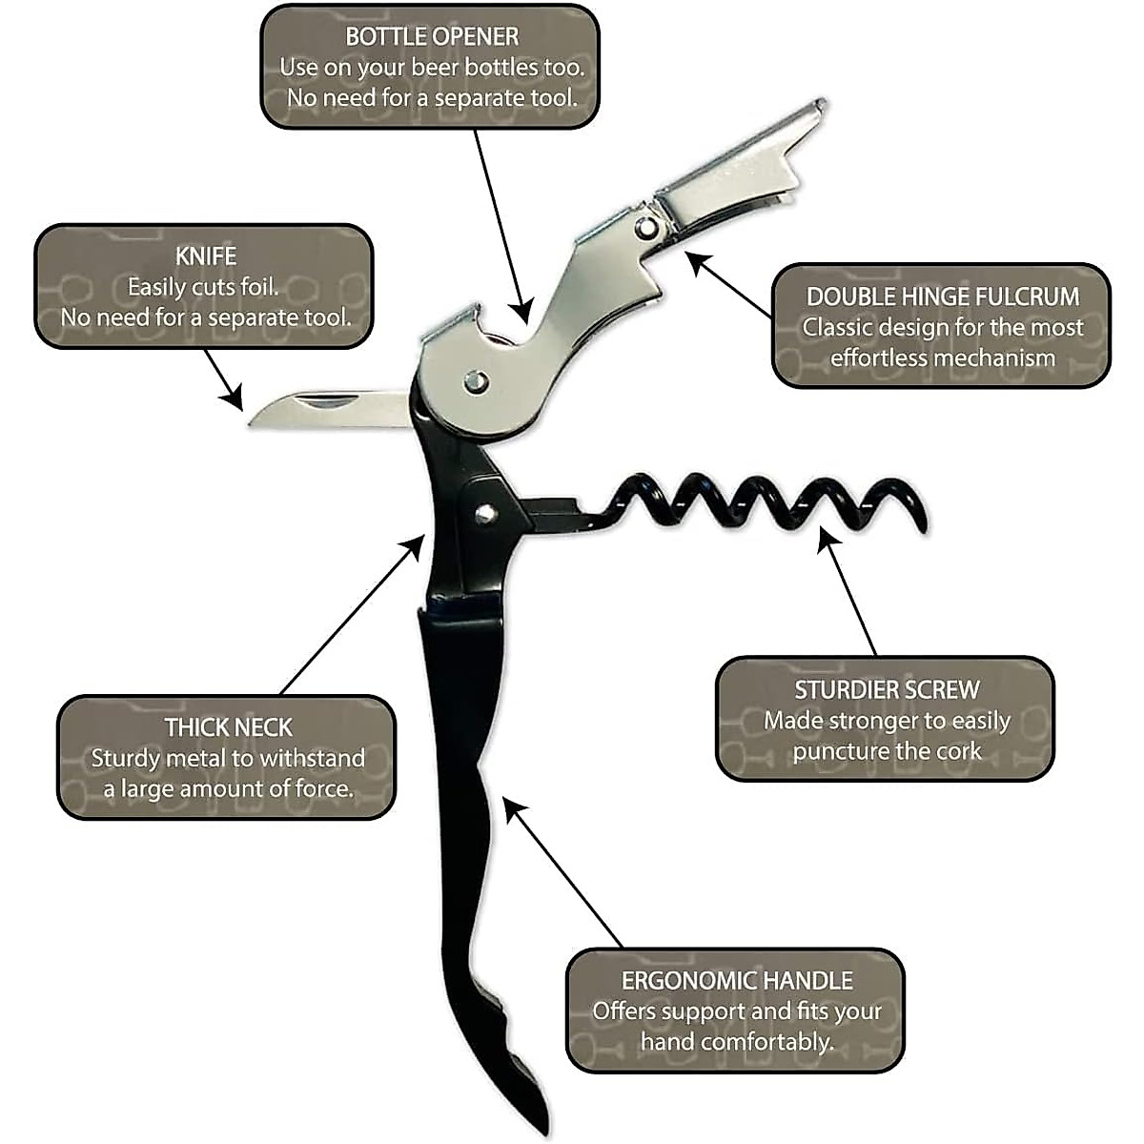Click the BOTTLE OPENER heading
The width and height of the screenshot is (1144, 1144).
431,37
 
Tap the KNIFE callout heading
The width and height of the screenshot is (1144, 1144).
205,256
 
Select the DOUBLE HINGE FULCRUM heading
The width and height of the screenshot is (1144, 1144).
942,296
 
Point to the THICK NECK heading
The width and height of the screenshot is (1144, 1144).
228,727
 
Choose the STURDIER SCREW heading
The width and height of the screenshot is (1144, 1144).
887,689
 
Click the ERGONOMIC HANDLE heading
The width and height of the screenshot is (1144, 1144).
736,980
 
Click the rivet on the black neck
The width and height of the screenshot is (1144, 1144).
485,513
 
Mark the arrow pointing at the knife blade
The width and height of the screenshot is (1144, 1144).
224,379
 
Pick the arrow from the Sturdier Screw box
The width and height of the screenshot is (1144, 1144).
848,591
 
